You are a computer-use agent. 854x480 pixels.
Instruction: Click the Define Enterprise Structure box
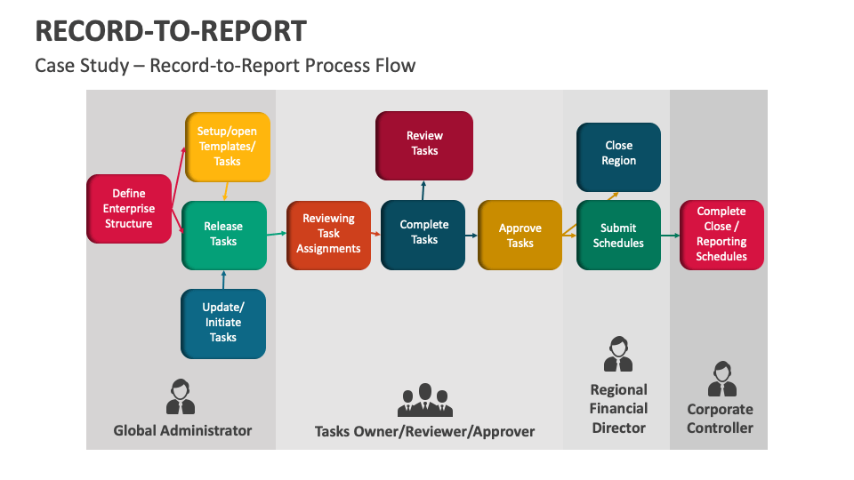click(x=129, y=209)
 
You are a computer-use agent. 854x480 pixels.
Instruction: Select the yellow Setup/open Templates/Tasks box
click(x=227, y=147)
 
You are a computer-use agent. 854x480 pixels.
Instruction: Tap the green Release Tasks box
click(x=224, y=235)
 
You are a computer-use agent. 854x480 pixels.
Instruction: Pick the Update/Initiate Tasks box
click(x=223, y=323)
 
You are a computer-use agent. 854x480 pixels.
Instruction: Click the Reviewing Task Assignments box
click(x=328, y=235)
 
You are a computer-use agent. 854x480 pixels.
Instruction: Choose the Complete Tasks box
click(x=423, y=234)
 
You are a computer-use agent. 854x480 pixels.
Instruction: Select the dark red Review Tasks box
click(x=424, y=144)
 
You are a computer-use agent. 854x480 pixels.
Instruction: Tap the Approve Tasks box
click(x=520, y=236)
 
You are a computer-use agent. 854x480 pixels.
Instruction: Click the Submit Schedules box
click(x=618, y=236)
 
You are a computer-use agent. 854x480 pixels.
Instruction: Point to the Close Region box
click(x=618, y=154)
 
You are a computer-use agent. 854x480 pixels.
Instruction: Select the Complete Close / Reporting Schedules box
click(x=721, y=235)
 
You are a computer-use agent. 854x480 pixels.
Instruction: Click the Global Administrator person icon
click(x=181, y=396)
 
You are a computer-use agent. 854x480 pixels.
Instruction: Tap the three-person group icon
click(x=424, y=400)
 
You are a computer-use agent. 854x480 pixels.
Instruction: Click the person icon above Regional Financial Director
click(x=617, y=354)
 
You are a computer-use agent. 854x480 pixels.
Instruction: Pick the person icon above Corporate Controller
click(x=721, y=379)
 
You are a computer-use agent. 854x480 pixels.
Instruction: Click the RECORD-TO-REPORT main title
click(x=171, y=31)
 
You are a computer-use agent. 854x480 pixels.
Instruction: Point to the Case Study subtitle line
click(x=225, y=66)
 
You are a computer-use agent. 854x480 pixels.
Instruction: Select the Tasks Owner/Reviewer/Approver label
click(x=424, y=431)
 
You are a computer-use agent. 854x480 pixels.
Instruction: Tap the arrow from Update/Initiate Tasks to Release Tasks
click(x=223, y=279)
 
